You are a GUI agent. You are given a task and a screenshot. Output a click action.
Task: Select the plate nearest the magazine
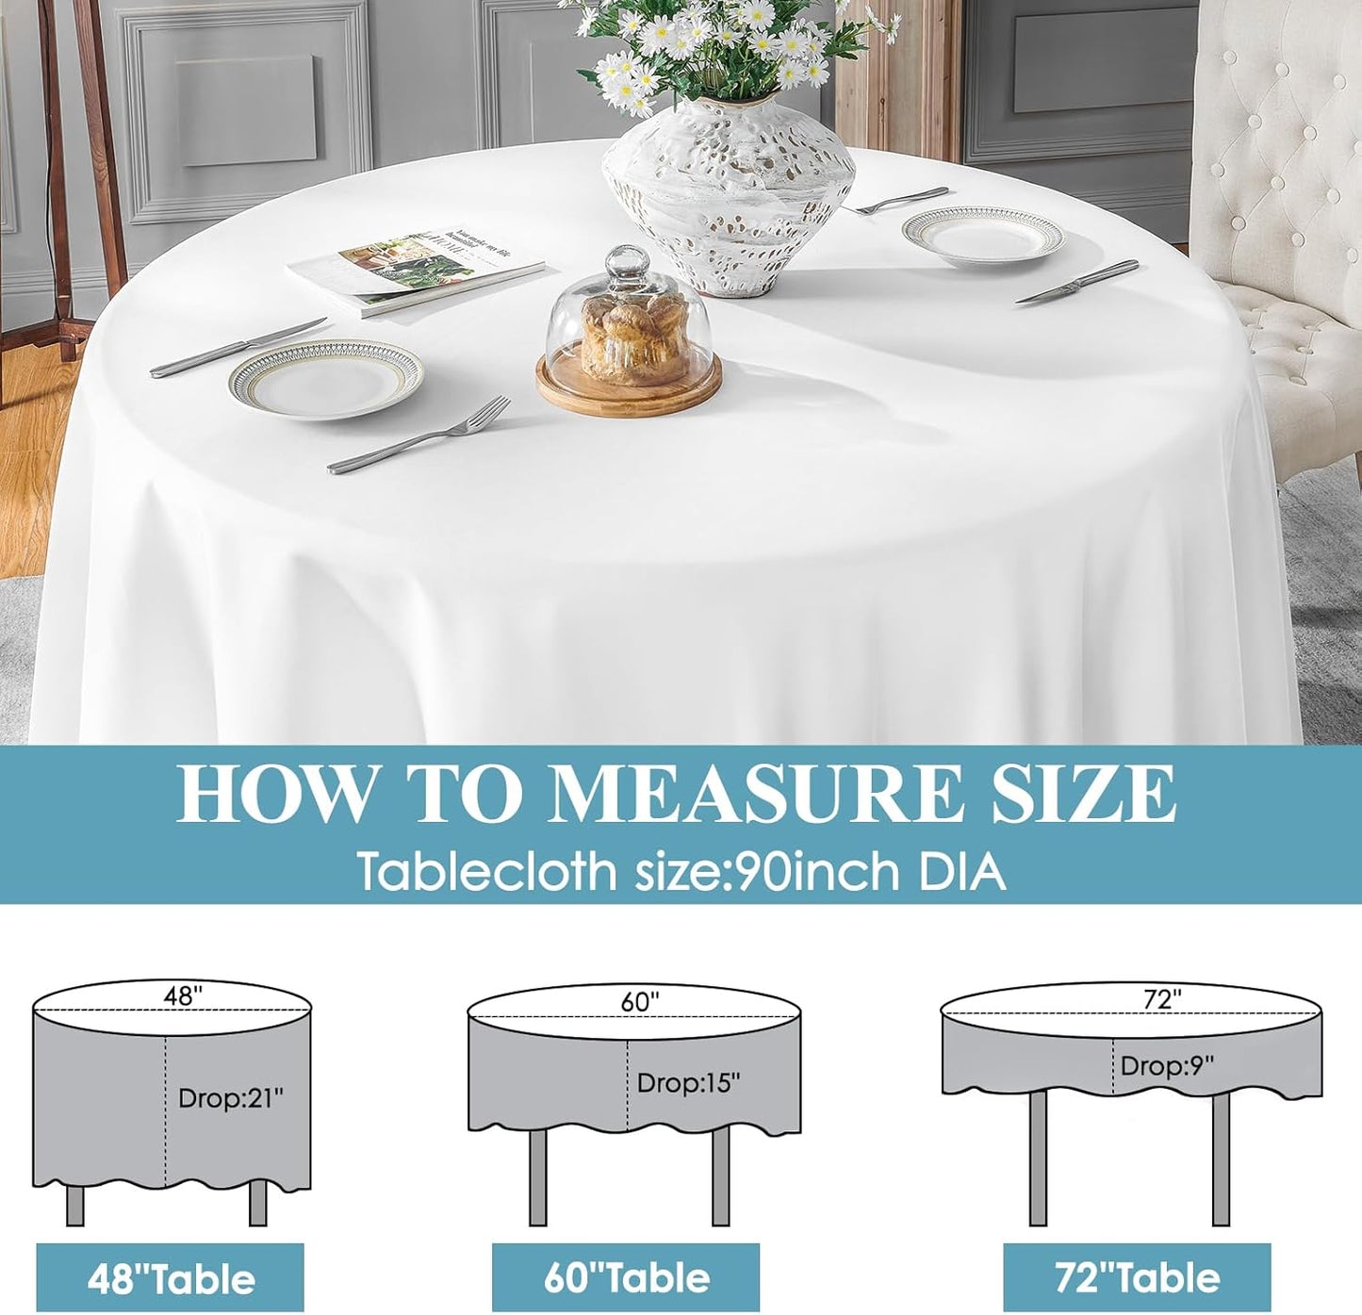[x=325, y=379]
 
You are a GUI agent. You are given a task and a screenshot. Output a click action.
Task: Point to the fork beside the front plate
[x=420, y=436]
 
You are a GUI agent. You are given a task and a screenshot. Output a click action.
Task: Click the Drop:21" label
[x=230, y=1097]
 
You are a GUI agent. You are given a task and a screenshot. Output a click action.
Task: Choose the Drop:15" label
[x=688, y=1082]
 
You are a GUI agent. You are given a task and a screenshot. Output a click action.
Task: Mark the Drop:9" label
[x=1167, y=1065]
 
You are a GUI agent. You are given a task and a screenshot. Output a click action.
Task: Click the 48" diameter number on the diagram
[x=183, y=995]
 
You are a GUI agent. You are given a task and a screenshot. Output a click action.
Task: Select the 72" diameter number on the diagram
[x=1162, y=999]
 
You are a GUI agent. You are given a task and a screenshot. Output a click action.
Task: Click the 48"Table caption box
[x=171, y=1278]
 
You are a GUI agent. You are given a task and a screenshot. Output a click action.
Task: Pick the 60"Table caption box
[x=626, y=1277]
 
